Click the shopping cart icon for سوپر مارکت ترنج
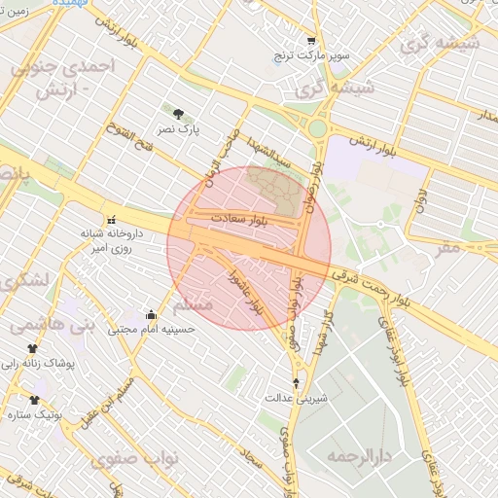[x=311, y=41]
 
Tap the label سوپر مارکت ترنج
[x=311, y=56]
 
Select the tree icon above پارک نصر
[x=177, y=113]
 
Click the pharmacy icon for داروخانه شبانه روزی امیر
[x=110, y=219]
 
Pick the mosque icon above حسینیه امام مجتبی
[x=151, y=314]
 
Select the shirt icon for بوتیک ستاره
[x=35, y=400]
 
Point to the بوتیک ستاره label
[x=36, y=415]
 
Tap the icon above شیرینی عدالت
[x=297, y=383]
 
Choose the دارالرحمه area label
[x=359, y=454]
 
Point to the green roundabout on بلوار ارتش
[x=317, y=126]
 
